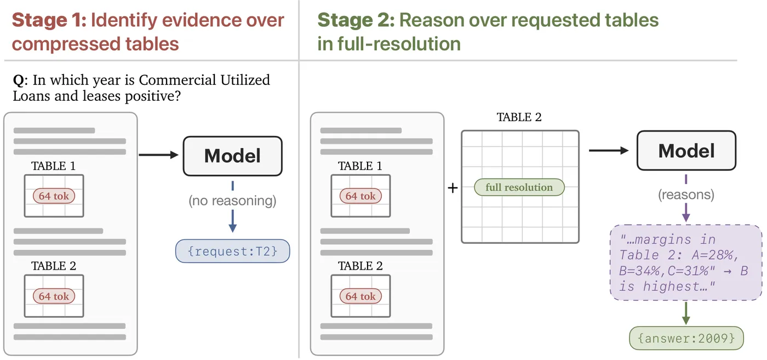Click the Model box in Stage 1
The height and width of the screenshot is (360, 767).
[x=232, y=156]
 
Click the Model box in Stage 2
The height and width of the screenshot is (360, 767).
[x=686, y=150]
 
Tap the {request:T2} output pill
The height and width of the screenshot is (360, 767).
[x=232, y=251]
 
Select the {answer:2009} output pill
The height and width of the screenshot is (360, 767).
[x=686, y=338]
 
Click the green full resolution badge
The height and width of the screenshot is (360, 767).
[x=519, y=187]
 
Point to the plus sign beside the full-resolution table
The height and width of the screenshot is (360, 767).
[x=453, y=188]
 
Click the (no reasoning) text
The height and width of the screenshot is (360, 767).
[x=232, y=201]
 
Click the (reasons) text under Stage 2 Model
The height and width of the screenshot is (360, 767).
[x=686, y=195]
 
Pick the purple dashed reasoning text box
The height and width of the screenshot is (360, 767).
[x=686, y=262]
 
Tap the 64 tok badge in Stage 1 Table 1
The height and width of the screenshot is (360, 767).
[x=54, y=196]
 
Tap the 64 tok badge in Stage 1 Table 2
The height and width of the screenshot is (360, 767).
[x=54, y=296]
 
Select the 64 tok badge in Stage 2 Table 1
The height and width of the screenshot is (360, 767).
[x=360, y=196]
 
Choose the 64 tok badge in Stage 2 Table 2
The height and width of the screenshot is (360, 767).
[x=360, y=296]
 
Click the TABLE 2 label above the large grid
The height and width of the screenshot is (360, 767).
[x=519, y=117]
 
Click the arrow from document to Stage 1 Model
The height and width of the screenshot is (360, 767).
[x=158, y=155]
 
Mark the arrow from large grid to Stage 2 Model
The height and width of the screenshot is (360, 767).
[x=609, y=150]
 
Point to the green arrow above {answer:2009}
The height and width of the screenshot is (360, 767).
[x=686, y=313]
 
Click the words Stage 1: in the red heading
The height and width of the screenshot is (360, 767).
[x=49, y=20]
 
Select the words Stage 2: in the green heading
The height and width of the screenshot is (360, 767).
[x=356, y=20]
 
